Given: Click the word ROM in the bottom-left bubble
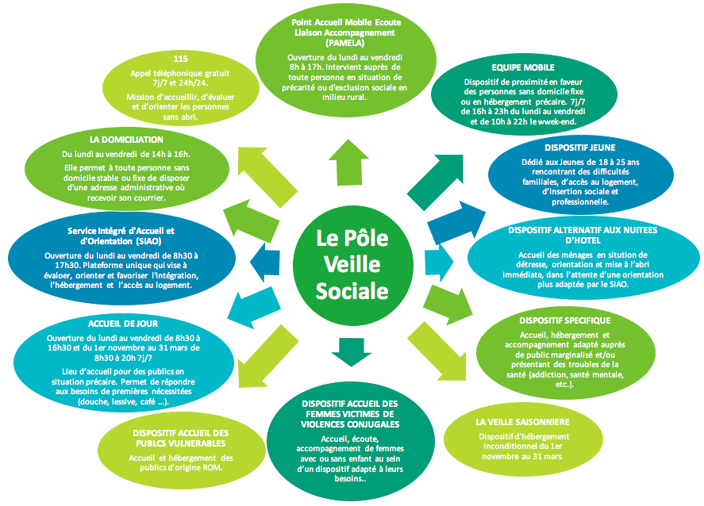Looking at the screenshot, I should click(218, 468).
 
